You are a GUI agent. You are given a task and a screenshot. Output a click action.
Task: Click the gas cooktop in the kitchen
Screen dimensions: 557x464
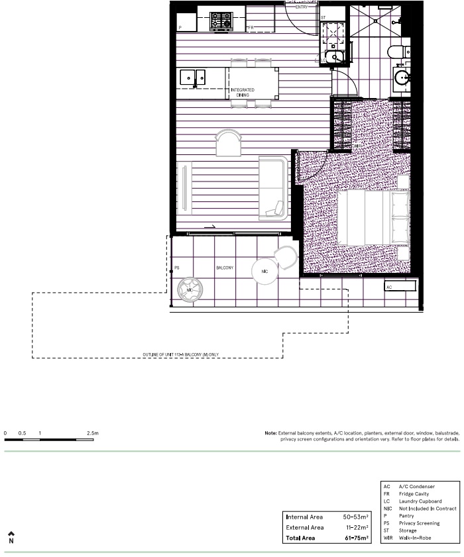(x=220, y=22)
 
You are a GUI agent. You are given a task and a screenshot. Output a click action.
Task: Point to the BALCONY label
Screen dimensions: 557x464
(x=224, y=268)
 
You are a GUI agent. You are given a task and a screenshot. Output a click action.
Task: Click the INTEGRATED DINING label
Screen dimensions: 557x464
(x=242, y=93)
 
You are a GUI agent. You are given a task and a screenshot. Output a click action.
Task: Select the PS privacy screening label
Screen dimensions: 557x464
(x=176, y=269)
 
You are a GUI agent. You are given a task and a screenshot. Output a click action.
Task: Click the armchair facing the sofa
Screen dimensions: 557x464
(x=229, y=142)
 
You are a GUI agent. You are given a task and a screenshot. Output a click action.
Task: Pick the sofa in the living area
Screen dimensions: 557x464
(x=273, y=187)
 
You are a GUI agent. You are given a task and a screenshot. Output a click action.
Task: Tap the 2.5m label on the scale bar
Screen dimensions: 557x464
(x=92, y=433)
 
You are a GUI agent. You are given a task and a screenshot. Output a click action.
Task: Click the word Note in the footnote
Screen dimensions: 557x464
(x=270, y=433)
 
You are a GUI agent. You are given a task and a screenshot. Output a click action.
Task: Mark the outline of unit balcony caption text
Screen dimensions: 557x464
(x=180, y=355)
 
